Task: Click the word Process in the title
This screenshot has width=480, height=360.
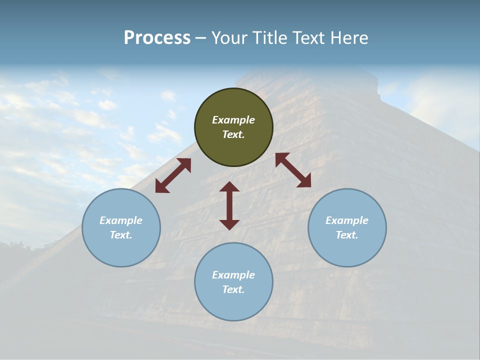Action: point(157,38)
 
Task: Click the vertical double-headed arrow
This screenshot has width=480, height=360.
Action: point(229,206)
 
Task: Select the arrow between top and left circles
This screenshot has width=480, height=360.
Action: point(173,175)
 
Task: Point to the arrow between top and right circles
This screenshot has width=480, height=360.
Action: point(293,170)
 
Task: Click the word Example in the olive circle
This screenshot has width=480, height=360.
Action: point(233,120)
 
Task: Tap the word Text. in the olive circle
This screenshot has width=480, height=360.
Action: point(233,134)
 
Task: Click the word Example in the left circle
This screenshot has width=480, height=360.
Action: point(121,220)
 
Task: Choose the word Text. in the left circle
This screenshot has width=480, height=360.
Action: point(121,235)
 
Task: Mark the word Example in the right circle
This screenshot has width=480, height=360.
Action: point(347,220)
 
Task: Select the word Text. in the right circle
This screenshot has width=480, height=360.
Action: point(347,235)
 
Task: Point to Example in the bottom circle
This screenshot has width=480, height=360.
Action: point(233,275)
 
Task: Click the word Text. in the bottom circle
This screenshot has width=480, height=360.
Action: point(233,289)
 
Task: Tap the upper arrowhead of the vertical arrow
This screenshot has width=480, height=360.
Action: point(229,187)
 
